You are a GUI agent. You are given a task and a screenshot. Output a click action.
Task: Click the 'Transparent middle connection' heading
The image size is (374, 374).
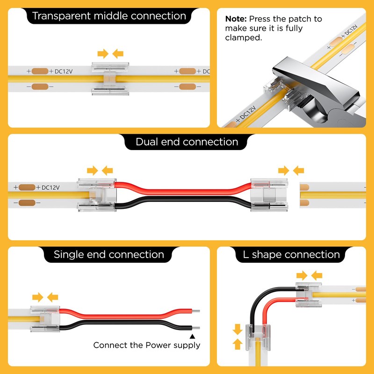109,16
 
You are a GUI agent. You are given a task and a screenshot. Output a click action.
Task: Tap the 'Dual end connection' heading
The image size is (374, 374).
187,142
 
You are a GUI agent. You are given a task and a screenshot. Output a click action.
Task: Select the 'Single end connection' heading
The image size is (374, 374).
109,254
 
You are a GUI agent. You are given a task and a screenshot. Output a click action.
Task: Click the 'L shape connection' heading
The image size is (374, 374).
291,254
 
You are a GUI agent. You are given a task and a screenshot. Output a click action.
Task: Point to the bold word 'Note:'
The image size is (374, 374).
236,19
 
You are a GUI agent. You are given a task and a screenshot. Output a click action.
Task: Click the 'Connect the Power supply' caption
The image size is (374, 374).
147,345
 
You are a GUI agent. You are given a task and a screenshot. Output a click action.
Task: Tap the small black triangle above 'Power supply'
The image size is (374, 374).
192,336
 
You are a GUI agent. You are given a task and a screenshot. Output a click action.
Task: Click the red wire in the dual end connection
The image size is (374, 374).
183,190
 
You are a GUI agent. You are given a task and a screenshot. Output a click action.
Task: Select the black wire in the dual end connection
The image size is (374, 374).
183,201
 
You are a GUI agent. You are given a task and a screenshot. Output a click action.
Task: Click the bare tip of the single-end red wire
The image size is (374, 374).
196,311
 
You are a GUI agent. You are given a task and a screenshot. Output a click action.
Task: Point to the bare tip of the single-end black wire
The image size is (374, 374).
196,328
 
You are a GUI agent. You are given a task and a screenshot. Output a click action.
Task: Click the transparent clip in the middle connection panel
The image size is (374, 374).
110,79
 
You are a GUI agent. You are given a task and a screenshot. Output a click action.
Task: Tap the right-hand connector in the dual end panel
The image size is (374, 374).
269,195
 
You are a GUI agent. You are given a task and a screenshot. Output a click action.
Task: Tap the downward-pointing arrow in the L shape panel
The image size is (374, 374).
237,329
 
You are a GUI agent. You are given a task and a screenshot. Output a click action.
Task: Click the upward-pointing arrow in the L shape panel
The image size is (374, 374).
237,344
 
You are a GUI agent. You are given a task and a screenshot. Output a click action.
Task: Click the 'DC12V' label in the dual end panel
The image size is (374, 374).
50,187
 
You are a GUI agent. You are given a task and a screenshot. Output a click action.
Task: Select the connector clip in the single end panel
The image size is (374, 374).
45,319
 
